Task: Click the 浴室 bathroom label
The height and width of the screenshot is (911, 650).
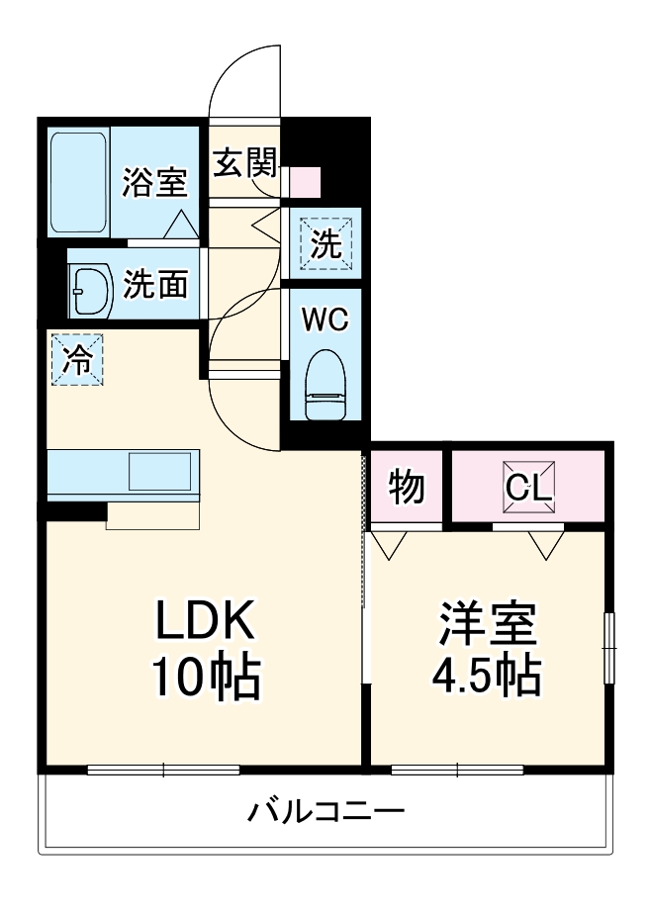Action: [154, 183]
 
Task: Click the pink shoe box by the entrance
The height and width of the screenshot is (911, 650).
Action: [306, 182]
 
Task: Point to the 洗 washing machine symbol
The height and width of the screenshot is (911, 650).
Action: [325, 242]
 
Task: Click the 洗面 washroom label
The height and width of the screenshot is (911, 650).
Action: [154, 285]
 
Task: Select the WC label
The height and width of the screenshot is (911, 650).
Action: [325, 319]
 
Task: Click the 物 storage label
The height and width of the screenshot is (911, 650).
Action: [406, 487]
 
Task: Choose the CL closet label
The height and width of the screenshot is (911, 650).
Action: [528, 487]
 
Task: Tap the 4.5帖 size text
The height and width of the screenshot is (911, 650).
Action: [487, 679]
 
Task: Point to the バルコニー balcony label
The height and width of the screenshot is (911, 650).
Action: [325, 813]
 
